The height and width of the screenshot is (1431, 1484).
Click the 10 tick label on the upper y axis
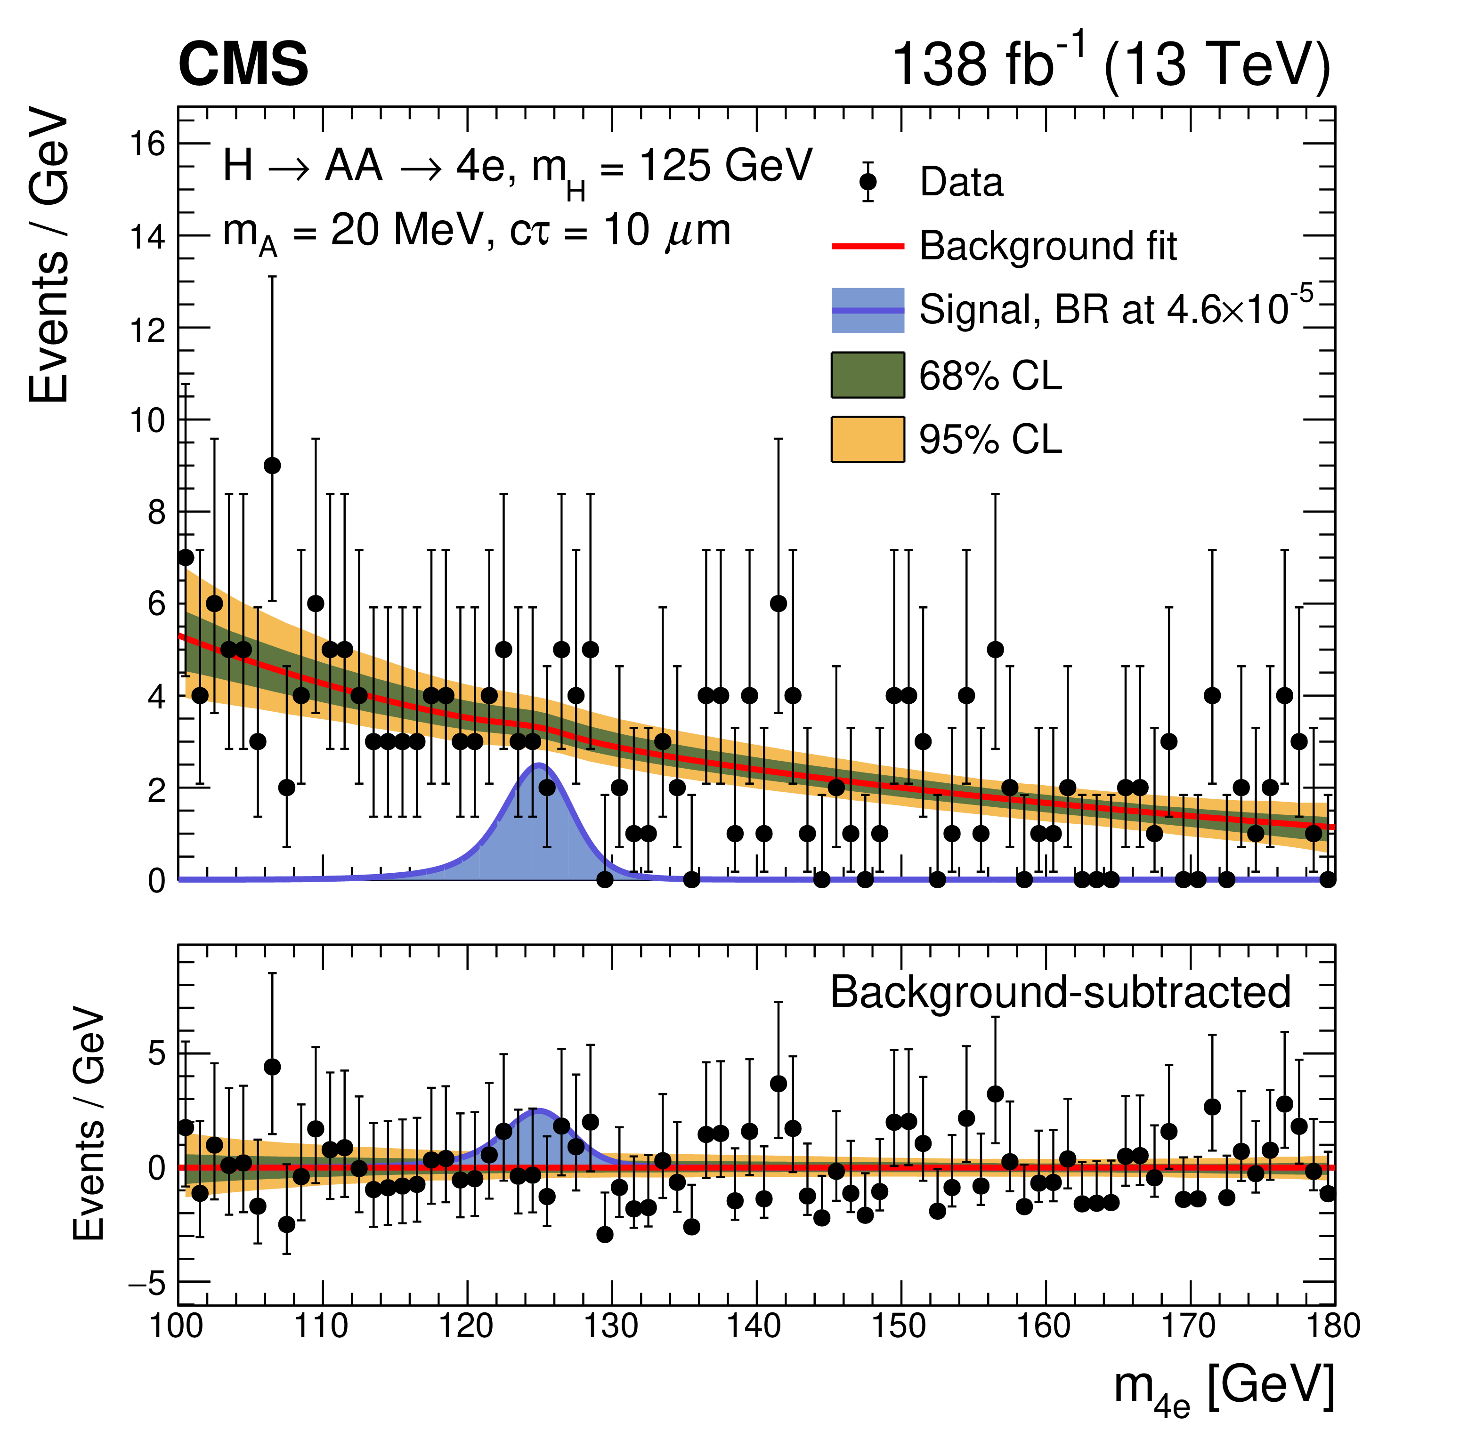point(147,420)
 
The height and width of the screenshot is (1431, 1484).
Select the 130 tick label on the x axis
point(612,1326)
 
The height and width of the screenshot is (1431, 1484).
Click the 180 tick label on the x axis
point(1334,1326)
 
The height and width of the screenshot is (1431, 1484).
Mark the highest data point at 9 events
point(273,466)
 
